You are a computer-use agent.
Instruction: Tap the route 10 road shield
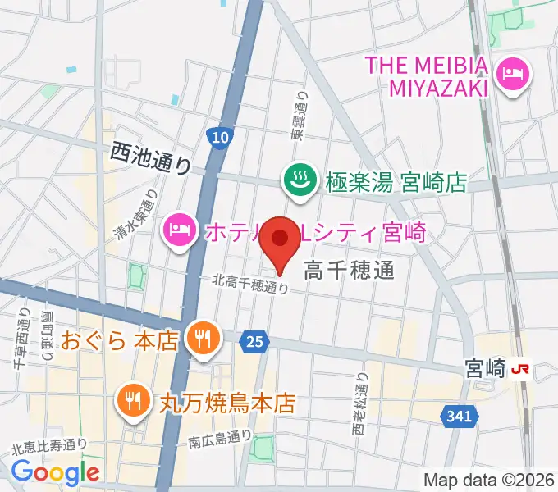point(218,139)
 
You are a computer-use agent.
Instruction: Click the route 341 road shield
point(461,417)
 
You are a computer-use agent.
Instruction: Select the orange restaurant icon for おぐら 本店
point(201,339)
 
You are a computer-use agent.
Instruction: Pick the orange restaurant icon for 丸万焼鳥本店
point(131,402)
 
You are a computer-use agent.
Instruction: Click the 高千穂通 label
point(350,270)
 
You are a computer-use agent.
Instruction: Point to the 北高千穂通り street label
point(250,284)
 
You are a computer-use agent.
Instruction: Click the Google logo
point(55,471)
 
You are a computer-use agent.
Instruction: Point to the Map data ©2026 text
point(488,480)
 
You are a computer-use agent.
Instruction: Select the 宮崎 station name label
point(483,369)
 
